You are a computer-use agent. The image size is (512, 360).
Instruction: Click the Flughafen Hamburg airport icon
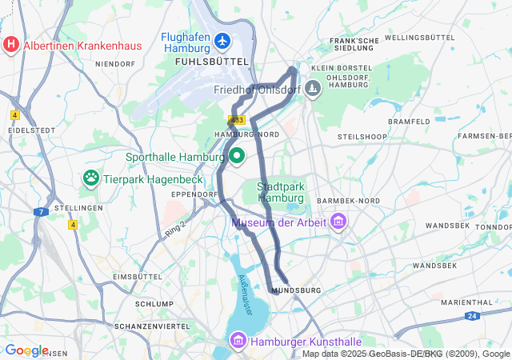coord(222,40)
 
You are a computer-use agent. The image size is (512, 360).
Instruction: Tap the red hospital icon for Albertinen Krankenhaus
coord(11,44)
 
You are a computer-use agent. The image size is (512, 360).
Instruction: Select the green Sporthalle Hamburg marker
coord(238,155)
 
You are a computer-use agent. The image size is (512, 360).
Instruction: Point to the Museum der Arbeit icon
coord(338,221)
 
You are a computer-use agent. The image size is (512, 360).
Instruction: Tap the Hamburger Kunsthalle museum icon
coord(238,342)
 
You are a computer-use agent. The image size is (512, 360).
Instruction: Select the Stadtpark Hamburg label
coord(280,192)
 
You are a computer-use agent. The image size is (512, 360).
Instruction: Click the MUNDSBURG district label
coord(296,290)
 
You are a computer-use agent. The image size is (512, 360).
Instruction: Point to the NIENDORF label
coord(115,63)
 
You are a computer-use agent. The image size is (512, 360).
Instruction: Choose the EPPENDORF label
coord(194,194)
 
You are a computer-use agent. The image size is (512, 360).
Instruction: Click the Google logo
coord(26,350)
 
